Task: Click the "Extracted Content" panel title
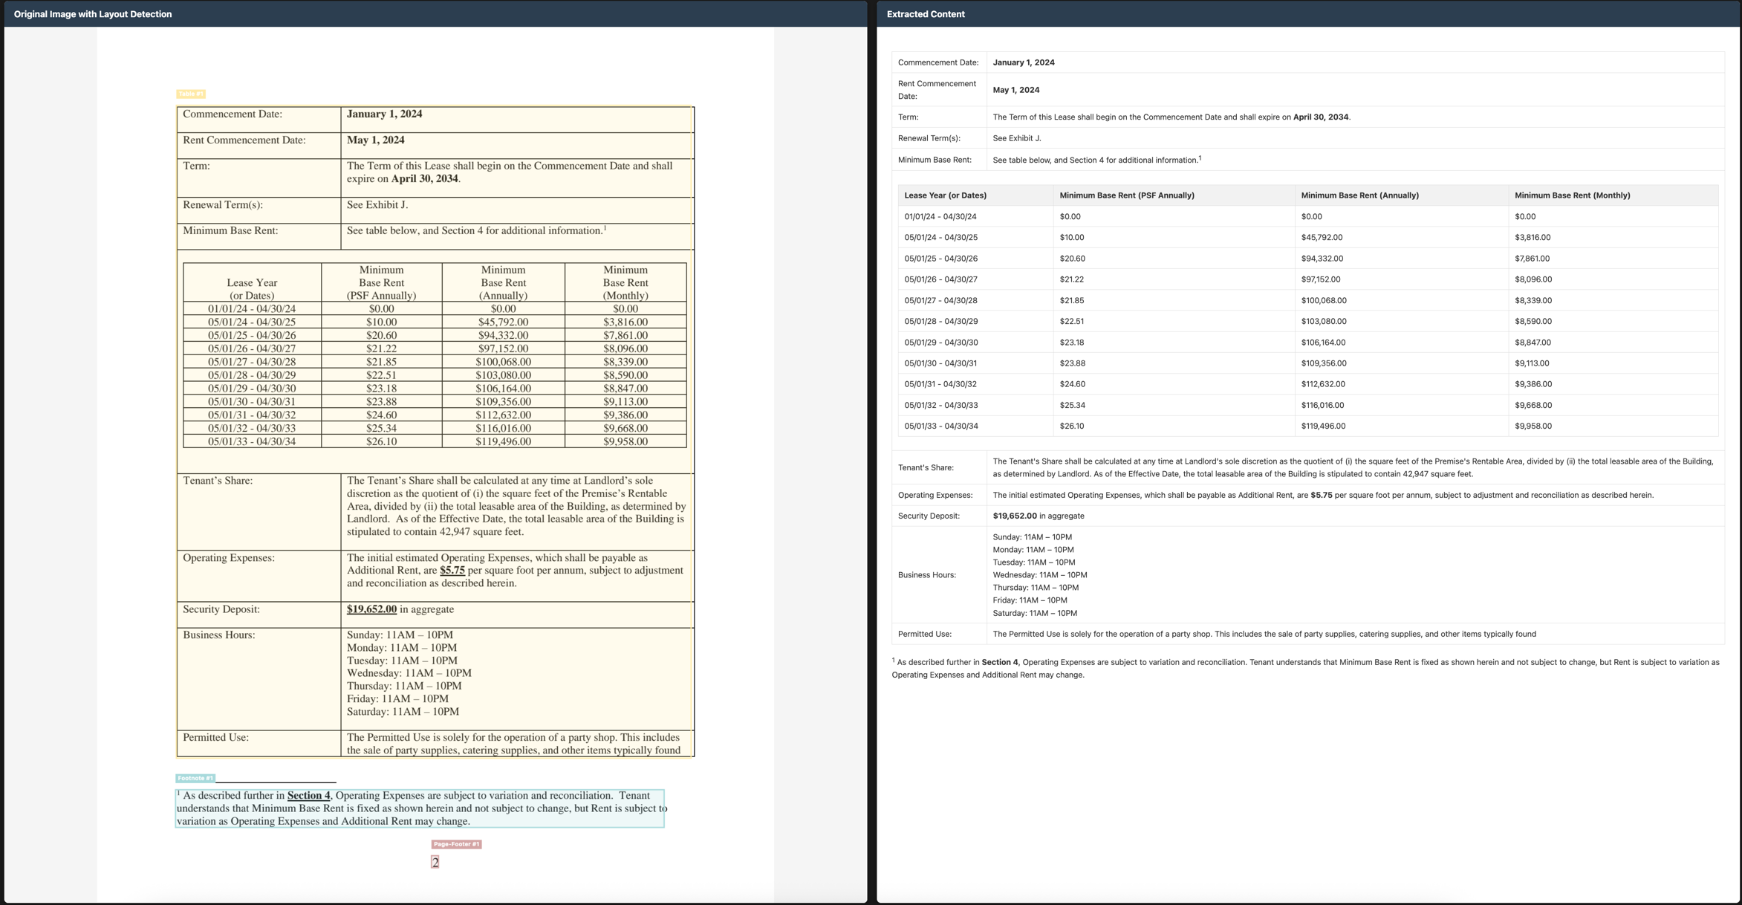926,14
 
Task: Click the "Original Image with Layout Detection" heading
93,14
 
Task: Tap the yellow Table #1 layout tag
190,94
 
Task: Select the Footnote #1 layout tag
195,778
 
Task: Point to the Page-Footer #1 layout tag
456,844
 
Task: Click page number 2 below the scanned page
435,862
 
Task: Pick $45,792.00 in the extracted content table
1322,238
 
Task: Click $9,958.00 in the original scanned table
625,441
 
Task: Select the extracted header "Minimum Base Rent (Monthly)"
1572,195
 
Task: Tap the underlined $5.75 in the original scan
452,571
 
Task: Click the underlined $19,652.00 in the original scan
371,609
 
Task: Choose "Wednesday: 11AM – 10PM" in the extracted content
1039,575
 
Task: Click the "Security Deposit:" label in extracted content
929,516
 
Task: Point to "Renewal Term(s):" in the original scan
223,205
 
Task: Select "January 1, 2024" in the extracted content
1023,62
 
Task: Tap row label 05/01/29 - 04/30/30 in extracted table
940,343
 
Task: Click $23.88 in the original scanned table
381,402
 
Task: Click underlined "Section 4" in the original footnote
308,796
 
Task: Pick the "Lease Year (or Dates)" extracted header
945,195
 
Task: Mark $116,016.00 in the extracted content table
1322,406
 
